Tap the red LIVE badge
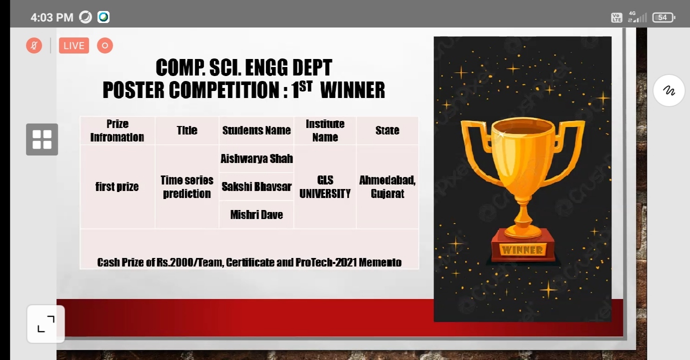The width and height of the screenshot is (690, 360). coord(74,45)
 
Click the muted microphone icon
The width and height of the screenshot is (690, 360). coord(34,45)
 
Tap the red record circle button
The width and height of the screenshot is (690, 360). coord(105,45)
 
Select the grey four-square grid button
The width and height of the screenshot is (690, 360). coord(42,139)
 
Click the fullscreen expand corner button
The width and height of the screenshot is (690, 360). coord(46,324)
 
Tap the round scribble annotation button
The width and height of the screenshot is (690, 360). coord(669,90)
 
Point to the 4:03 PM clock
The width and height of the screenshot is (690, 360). coord(52,17)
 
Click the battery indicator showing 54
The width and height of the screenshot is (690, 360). coord(664,17)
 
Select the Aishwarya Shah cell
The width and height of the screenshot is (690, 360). coord(257,158)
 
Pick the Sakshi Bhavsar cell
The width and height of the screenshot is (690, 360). coord(257,186)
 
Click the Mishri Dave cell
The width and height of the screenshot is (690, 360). coord(257,214)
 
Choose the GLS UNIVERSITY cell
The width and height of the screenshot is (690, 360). coord(325,187)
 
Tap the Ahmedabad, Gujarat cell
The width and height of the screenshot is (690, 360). coord(387,187)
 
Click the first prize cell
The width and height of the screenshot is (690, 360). coord(117,187)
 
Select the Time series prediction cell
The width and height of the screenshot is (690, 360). coord(187,187)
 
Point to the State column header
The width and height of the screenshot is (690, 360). coord(387,130)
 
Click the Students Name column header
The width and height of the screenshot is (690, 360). coord(257,130)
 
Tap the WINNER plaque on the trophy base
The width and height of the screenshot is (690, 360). coord(523,250)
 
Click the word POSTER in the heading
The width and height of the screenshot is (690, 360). coord(133,90)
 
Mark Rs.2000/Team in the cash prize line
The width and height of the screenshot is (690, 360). coord(189,262)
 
